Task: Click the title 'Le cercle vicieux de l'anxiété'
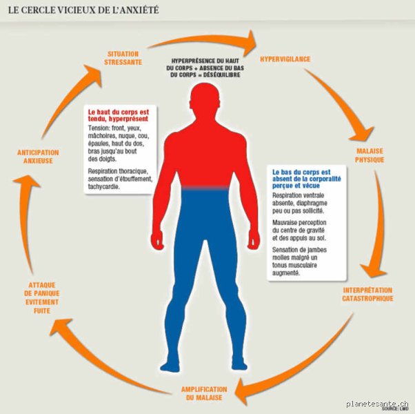pos(83,10)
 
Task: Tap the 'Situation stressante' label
pos(123,58)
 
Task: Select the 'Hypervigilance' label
pos(285,59)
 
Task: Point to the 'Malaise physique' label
pos(370,155)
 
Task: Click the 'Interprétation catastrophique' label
pos(367,294)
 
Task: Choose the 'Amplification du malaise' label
pos(204,393)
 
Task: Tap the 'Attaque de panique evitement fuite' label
pos(42,297)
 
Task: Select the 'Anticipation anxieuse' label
pos(38,157)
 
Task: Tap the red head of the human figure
pos(205,99)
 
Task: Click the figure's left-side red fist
pos(158,240)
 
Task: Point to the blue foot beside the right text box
pos(239,365)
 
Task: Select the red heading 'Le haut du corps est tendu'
pos(119,115)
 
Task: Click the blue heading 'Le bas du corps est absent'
pos(307,179)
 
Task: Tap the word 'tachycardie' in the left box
pos(103,186)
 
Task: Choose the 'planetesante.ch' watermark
pos(377,404)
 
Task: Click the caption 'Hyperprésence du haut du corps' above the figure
pos(205,68)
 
